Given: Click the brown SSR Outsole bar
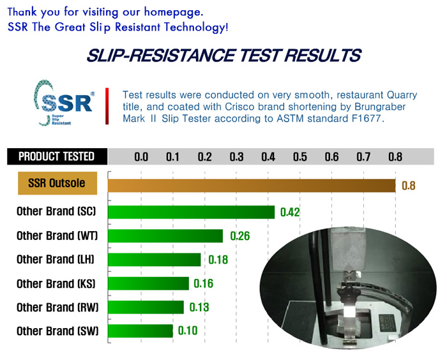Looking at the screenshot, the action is (x=252, y=186).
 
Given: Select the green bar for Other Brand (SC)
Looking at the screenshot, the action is (x=192, y=212).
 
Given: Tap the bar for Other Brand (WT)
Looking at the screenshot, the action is (x=165, y=236).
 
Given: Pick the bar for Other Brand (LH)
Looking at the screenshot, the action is (x=155, y=259).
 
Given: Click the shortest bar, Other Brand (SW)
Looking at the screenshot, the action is (x=140, y=331).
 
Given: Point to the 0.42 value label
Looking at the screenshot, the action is (x=290, y=212).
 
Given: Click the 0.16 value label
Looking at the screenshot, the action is (x=203, y=283).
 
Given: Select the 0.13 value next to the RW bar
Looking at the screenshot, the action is (x=199, y=307).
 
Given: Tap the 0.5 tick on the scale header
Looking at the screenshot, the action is (x=300, y=157).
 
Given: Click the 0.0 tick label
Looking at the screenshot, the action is (x=141, y=157).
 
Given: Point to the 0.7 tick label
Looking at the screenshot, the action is (x=363, y=157).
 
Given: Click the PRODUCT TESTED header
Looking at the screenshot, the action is (x=57, y=156).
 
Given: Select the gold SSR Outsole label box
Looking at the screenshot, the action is (x=57, y=183).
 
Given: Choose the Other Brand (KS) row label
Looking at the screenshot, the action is (x=56, y=283).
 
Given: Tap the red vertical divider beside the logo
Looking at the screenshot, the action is (x=107, y=106).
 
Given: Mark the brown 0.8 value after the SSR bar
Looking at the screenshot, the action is (x=409, y=186).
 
